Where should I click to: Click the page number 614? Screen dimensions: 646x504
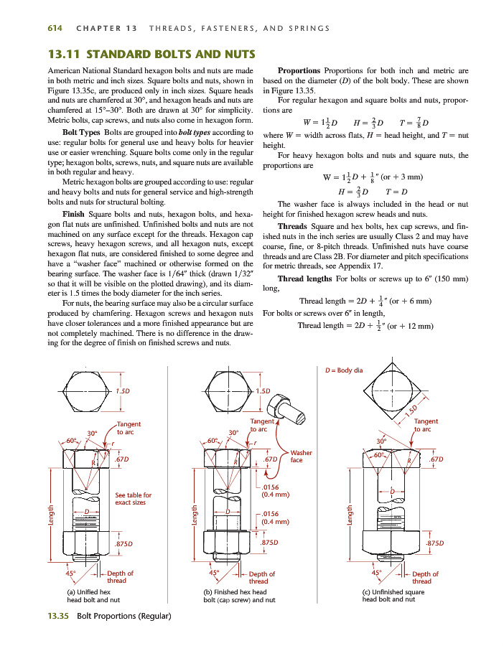click(55, 28)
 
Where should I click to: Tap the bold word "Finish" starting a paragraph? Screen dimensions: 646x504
click(74, 215)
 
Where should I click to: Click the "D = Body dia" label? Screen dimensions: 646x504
click(345, 370)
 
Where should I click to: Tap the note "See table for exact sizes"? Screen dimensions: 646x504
click(134, 499)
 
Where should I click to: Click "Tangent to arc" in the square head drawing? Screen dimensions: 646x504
click(426, 425)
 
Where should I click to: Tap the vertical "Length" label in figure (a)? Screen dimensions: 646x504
click(51, 516)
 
